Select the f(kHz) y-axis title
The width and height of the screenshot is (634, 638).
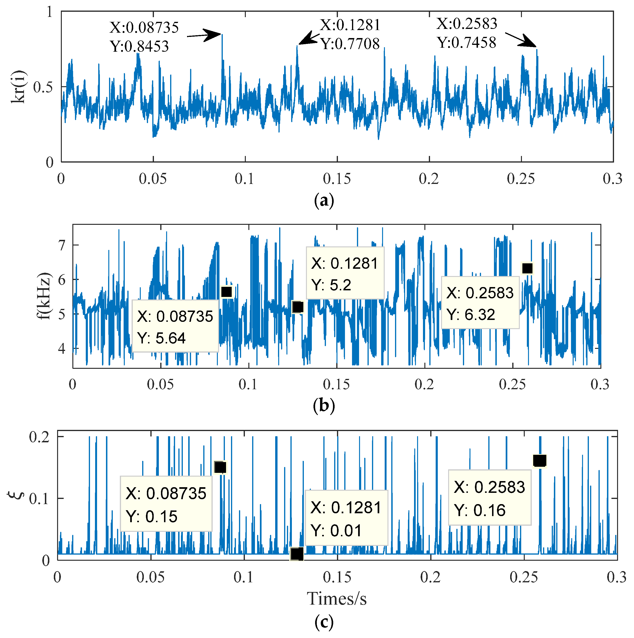point(44,296)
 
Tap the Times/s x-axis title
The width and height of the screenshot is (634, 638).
point(337,598)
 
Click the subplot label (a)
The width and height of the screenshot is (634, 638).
point(324,200)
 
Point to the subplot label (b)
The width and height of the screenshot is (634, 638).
point(324,405)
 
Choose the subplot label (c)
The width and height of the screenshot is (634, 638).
point(324,622)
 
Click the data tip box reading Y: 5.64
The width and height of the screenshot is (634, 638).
point(175,326)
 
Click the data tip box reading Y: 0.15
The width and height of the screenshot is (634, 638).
point(166,504)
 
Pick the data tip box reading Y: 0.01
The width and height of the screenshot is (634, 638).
point(346,518)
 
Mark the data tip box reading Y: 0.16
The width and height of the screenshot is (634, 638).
point(489,497)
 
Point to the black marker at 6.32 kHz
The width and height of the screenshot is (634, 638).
point(527,268)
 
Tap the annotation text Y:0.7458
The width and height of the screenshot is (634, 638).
point(466,43)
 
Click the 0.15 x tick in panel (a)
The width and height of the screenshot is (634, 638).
point(337,179)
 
